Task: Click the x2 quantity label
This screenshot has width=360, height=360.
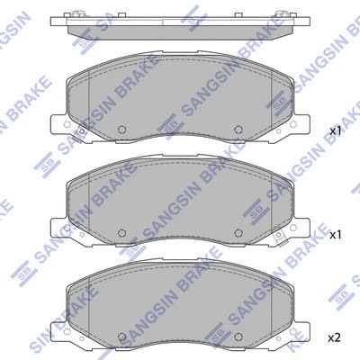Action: click(x=334, y=338)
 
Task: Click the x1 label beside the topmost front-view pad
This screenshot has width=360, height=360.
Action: click(x=336, y=131)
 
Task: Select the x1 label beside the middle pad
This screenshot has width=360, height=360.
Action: click(x=336, y=235)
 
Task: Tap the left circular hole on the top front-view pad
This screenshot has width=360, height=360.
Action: click(x=121, y=130)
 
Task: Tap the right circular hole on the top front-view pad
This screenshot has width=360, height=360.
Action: click(x=238, y=130)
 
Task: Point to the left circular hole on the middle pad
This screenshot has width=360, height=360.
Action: click(x=121, y=233)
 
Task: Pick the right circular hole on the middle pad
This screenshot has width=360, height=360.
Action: click(x=238, y=233)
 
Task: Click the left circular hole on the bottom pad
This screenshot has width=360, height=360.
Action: click(x=121, y=337)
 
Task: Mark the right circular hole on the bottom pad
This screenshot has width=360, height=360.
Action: click(x=238, y=337)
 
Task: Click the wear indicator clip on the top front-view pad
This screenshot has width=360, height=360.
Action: click(x=81, y=132)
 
